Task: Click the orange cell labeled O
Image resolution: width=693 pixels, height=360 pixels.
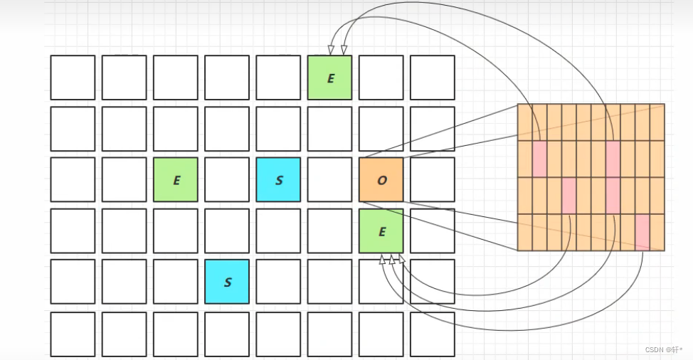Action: pyautogui.click(x=381, y=179)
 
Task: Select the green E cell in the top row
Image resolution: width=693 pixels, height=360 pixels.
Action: pyautogui.click(x=330, y=78)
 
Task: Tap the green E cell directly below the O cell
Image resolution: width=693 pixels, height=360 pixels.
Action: pyautogui.click(x=381, y=231)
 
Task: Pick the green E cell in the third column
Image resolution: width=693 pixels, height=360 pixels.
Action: pyautogui.click(x=176, y=179)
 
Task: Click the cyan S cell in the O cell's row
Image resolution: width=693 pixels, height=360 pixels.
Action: pyautogui.click(x=278, y=179)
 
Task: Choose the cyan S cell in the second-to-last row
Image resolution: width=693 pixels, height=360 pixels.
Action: pyautogui.click(x=227, y=282)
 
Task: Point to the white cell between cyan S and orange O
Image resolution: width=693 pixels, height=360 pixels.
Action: pyautogui.click(x=330, y=179)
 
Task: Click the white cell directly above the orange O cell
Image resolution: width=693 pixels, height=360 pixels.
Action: pyautogui.click(x=381, y=129)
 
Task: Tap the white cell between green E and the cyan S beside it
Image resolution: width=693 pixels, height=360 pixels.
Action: pyautogui.click(x=227, y=179)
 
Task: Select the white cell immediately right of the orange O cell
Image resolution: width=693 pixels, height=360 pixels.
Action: pyautogui.click(x=433, y=179)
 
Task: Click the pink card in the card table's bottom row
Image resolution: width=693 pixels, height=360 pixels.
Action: pyautogui.click(x=642, y=231)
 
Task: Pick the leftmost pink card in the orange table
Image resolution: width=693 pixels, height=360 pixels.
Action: pyautogui.click(x=539, y=158)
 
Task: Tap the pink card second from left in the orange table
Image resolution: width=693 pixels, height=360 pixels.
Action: pyautogui.click(x=568, y=195)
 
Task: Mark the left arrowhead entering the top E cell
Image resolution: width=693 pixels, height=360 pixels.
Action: pyautogui.click(x=331, y=50)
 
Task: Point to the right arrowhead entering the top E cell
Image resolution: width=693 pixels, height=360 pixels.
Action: pyautogui.click(x=344, y=50)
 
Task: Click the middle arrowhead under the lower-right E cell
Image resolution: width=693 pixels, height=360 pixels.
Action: pyautogui.click(x=392, y=260)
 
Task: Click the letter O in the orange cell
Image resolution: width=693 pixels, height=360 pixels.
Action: pyautogui.click(x=382, y=180)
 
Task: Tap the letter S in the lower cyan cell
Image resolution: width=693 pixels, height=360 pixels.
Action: pyautogui.click(x=228, y=282)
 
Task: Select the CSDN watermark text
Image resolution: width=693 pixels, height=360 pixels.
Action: pyautogui.click(x=663, y=349)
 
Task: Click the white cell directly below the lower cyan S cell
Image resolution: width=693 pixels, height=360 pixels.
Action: pyautogui.click(x=227, y=334)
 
